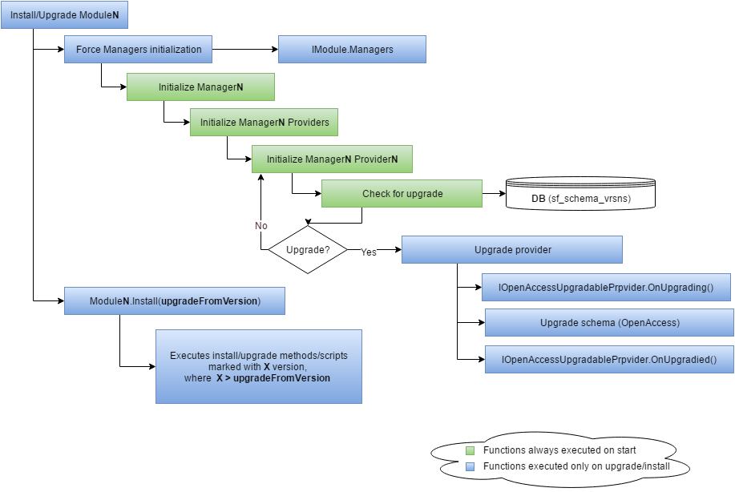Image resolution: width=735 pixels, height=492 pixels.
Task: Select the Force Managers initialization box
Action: tap(138, 50)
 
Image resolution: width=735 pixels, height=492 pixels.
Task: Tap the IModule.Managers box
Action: tap(352, 50)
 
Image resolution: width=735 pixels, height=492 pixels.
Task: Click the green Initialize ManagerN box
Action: tap(200, 87)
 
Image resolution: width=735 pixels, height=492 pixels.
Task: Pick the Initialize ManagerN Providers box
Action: tap(264, 123)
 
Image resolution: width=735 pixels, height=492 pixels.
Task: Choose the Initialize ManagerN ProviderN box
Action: tap(332, 159)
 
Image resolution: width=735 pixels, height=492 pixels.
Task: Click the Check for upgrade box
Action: tap(402, 193)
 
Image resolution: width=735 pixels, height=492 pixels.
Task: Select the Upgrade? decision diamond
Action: tap(307, 250)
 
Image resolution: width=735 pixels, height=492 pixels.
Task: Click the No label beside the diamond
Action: tap(261, 226)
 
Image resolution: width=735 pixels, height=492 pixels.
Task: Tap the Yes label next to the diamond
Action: tap(369, 252)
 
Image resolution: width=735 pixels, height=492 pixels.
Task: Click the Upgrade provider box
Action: tap(512, 250)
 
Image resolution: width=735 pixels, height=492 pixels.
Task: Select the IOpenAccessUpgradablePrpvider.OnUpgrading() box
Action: tap(607, 287)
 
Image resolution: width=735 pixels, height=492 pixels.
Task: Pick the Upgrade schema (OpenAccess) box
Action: tap(609, 323)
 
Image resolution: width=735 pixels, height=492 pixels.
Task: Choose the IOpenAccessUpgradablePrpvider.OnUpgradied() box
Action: tap(609, 360)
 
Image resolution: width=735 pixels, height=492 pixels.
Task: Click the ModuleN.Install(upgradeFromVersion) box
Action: tap(175, 301)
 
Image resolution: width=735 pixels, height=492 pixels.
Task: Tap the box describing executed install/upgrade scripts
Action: tap(258, 366)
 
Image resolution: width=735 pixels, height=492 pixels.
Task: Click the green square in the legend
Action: tap(471, 451)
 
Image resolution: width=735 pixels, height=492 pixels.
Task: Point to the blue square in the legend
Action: tap(471, 466)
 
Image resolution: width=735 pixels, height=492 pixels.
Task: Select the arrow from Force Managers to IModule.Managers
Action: tap(245, 50)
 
